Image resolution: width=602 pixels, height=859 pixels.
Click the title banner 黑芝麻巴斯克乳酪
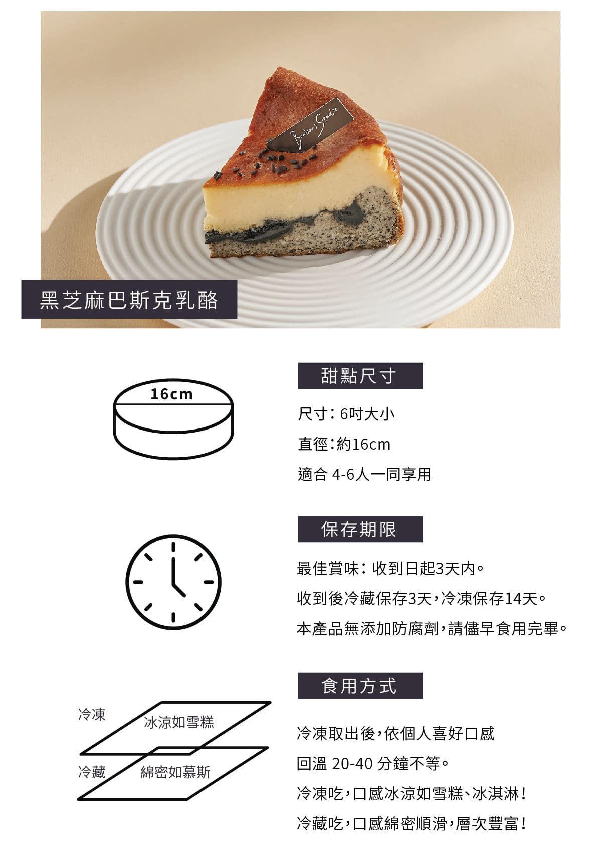(x=129, y=300)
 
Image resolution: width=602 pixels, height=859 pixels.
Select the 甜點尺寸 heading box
(x=360, y=376)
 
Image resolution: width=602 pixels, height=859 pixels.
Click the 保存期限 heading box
(x=360, y=529)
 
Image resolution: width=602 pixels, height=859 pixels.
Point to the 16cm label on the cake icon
(x=171, y=394)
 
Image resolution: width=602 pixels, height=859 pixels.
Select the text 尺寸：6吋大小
(x=346, y=414)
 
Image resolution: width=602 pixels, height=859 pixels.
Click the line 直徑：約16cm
(x=344, y=445)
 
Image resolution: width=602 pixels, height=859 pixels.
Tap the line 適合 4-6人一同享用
(x=364, y=475)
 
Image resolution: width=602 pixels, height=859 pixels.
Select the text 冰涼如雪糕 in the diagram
(x=178, y=723)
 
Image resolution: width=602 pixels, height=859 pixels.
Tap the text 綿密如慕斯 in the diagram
(x=175, y=772)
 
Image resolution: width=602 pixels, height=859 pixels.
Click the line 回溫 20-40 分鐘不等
(x=373, y=764)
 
